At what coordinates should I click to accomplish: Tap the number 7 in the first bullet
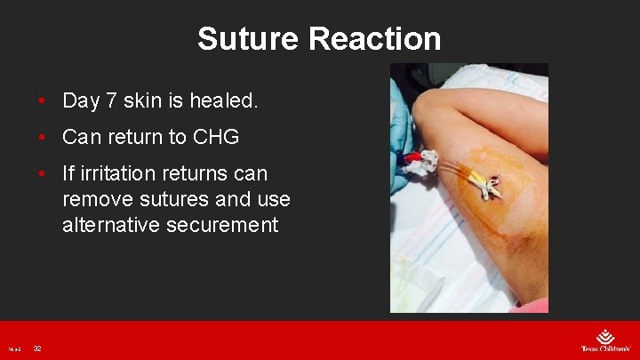(111, 101)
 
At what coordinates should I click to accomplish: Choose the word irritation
(122, 172)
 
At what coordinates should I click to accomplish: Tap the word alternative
(108, 226)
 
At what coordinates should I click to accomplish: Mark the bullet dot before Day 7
(42, 101)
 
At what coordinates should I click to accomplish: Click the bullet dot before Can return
(42, 137)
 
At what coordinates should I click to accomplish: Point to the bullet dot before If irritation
(42, 172)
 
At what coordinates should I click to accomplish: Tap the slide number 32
(37, 348)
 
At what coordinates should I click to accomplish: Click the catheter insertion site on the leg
(488, 184)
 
